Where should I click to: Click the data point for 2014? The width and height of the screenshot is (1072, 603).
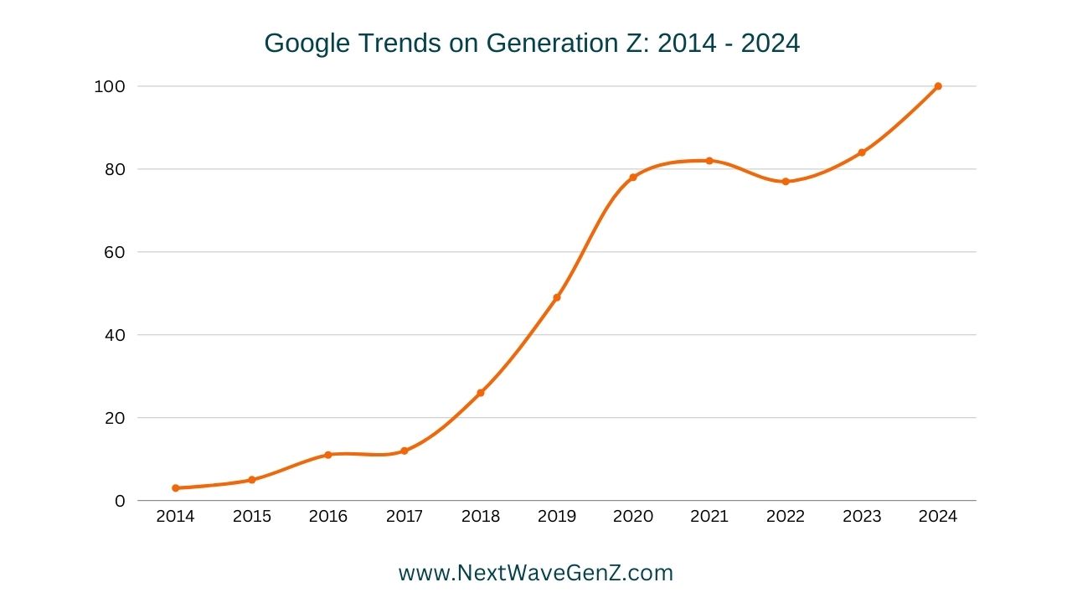coord(176,488)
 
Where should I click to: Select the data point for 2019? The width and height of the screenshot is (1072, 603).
coord(557,297)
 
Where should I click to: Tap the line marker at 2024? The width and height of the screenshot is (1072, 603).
coord(938,86)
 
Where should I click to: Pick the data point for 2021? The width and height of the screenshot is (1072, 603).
coord(709,161)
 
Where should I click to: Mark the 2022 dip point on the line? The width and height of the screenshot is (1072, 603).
coord(786,182)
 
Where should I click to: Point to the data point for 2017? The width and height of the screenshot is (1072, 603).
coord(405,451)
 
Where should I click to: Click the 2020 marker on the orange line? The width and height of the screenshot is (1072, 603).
coord(633,178)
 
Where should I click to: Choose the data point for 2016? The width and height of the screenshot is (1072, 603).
coord(328,455)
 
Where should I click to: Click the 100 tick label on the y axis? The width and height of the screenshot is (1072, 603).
coord(110,86)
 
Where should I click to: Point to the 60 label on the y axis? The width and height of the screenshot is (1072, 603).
coord(115,252)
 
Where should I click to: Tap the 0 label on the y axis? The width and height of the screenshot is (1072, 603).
coord(120,501)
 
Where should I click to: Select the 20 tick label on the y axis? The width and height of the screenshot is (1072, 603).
coord(115,418)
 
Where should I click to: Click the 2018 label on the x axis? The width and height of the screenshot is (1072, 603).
coord(481,517)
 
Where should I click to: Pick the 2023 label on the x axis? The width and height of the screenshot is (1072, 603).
coord(862,517)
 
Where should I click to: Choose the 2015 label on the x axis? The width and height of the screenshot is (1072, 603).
coord(252,517)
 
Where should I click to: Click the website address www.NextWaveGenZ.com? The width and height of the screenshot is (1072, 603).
coord(536,573)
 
